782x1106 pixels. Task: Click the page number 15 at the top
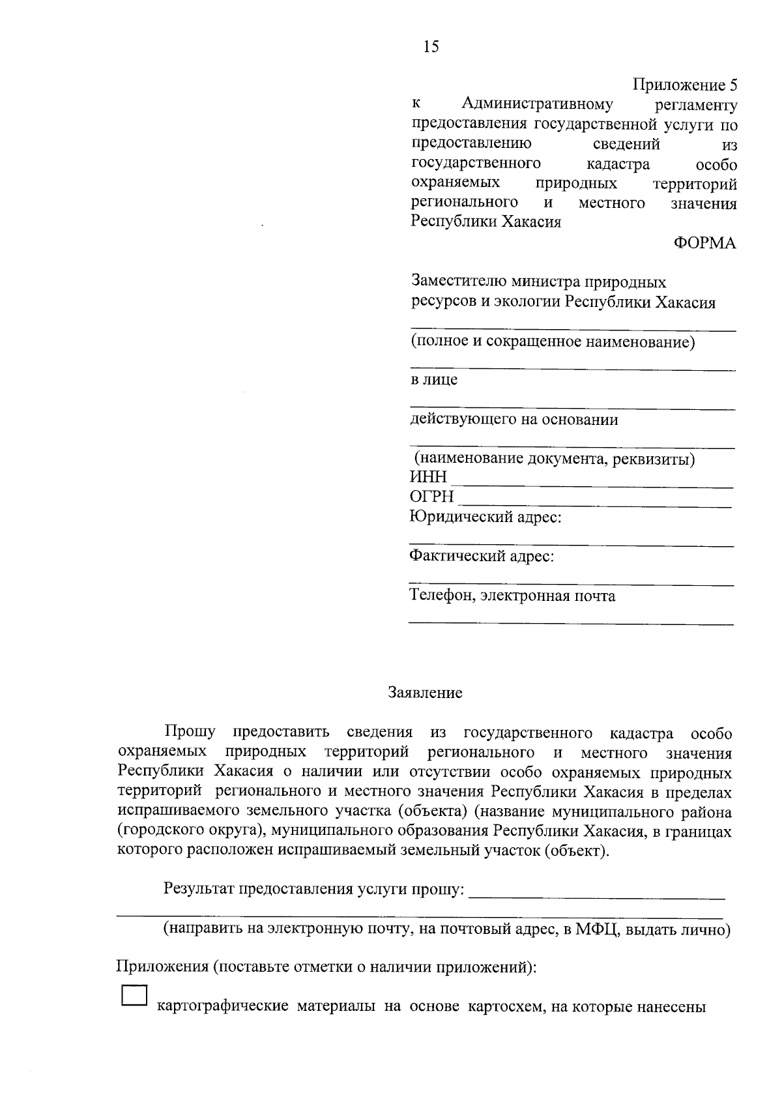pos(431,46)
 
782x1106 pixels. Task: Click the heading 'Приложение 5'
pos(685,85)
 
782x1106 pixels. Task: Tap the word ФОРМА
pos(704,244)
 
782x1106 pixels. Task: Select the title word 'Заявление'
pos(425,692)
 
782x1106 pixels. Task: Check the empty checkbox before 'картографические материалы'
pos(134,997)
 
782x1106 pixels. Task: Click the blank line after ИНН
pos(592,485)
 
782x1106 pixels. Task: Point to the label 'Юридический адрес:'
pos(485,517)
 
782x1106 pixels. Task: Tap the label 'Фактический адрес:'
pos(482,557)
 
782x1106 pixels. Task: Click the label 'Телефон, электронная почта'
pos(512,596)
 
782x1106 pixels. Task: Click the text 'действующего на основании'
pos(514,419)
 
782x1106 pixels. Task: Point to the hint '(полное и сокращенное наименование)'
pos(553,342)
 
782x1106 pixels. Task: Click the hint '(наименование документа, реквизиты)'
pos(555,459)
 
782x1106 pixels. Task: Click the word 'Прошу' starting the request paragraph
pos(190,732)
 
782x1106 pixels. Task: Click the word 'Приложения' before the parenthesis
pos(162,967)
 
